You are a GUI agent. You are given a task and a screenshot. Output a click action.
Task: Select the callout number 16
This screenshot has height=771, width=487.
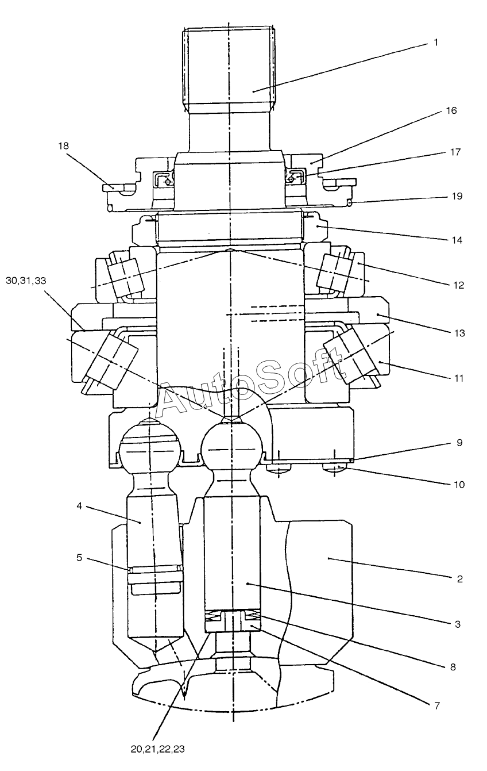451,110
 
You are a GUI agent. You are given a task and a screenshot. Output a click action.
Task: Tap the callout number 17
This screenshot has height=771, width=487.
455,152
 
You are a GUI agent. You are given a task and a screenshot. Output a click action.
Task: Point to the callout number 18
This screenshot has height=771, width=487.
63,146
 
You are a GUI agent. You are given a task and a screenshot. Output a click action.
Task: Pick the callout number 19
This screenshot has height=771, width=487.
457,196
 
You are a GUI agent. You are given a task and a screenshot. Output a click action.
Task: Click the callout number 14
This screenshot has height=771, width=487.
457,239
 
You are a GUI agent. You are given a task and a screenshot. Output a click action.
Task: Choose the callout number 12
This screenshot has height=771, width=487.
458,285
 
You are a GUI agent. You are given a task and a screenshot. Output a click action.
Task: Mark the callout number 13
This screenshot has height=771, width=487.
458,333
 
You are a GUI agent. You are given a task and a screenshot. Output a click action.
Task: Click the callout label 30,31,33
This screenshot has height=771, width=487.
27,281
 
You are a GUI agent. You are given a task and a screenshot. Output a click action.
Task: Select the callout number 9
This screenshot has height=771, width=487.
459,443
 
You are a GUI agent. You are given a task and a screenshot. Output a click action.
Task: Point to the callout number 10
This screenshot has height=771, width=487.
458,485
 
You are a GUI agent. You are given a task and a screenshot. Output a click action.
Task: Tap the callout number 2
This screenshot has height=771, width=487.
459,578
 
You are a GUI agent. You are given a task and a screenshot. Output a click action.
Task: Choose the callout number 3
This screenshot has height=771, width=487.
457,624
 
